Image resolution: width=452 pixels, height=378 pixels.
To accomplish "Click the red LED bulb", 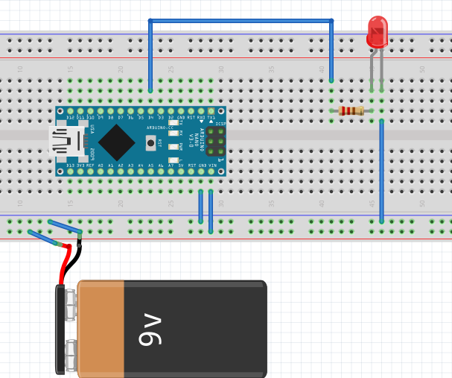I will tap(378, 32).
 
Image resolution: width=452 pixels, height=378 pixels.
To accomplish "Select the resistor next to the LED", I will tap(351, 111).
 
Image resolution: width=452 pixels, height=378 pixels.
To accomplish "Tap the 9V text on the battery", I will tap(150, 329).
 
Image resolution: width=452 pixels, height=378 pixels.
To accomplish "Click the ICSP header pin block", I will tap(216, 141).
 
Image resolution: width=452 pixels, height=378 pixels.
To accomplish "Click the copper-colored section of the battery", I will tap(101, 329).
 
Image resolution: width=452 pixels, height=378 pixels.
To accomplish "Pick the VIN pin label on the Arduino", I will tap(211, 165).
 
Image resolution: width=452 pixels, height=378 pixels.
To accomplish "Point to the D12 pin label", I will tap(71, 117).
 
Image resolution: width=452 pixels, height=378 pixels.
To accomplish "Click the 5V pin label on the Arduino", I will tap(182, 165).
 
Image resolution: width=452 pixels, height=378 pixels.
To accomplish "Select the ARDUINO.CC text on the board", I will tap(160, 128).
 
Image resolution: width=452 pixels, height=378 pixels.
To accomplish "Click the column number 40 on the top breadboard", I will tap(322, 69).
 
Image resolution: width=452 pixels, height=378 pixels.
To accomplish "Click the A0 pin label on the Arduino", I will tap(101, 165).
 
